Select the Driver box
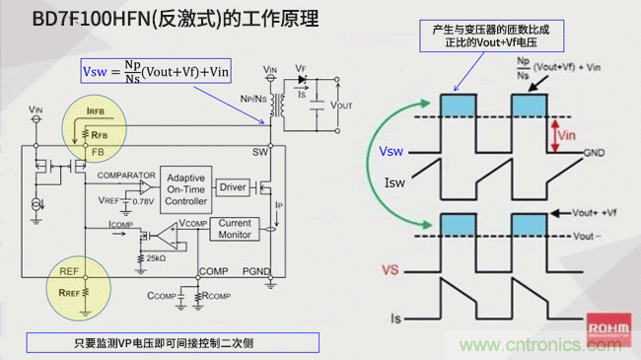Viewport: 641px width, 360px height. click(x=233, y=185)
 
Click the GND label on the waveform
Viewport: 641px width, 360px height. click(x=595, y=154)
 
